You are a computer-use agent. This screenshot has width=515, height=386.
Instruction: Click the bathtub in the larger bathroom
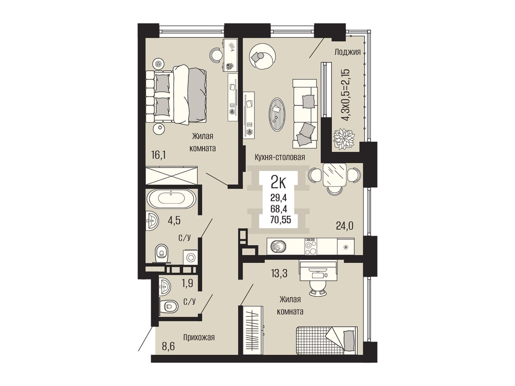pos(171,199)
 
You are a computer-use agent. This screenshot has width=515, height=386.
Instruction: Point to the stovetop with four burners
pos(311,246)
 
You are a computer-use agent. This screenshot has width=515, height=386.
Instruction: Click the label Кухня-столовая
pos(280,157)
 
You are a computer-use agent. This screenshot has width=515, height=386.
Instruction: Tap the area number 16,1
pos(158,155)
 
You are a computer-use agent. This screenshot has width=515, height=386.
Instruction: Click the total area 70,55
pos(281,220)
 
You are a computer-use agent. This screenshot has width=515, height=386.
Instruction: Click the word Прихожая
pos(199,337)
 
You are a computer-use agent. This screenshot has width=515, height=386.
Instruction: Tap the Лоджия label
pos(348,52)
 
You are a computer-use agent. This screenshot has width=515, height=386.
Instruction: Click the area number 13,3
pos(279,273)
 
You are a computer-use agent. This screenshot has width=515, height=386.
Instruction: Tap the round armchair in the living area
pos(263,56)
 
